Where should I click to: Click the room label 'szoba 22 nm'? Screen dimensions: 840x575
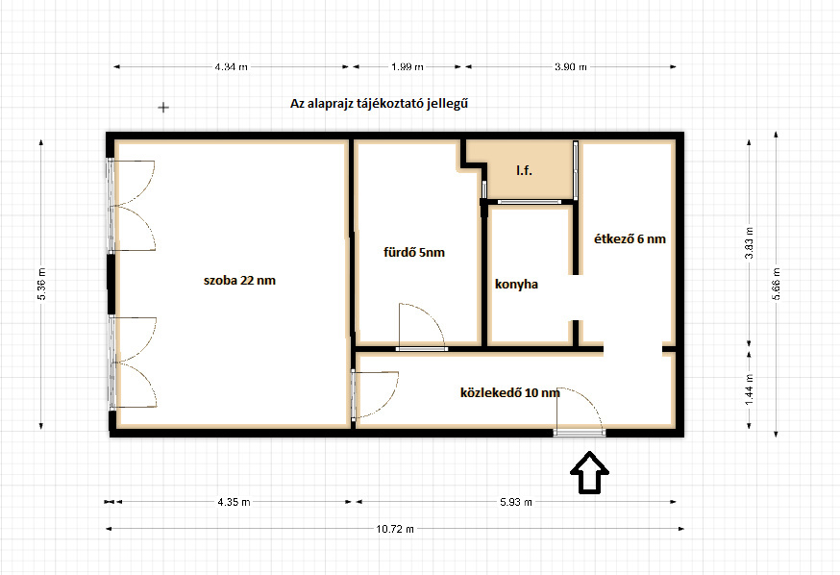click(x=239, y=280)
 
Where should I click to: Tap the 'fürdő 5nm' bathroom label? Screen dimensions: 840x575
click(x=414, y=252)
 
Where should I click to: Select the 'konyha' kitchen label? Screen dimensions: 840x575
click(x=516, y=284)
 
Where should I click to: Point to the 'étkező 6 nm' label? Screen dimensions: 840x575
click(x=630, y=239)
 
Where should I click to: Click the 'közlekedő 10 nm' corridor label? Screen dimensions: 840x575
click(x=510, y=393)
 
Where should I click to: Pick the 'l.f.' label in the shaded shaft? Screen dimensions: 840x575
click(x=524, y=170)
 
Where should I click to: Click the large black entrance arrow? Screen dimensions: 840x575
click(x=589, y=472)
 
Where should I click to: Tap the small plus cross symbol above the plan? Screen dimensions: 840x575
click(x=163, y=108)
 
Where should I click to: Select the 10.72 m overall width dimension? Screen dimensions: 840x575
click(x=395, y=529)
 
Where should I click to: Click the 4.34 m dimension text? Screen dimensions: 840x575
click(x=232, y=67)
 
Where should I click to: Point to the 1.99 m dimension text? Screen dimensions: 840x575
click(x=408, y=67)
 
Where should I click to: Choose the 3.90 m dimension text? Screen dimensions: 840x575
click(x=571, y=67)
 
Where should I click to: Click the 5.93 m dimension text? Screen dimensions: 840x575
click(x=516, y=502)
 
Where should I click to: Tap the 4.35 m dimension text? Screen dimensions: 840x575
click(x=235, y=502)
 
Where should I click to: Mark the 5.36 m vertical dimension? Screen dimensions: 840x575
click(x=41, y=284)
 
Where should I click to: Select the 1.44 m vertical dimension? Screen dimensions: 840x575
click(x=750, y=389)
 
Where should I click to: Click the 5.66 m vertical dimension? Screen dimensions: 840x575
click(x=777, y=284)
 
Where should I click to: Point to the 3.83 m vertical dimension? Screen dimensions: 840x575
click(x=750, y=242)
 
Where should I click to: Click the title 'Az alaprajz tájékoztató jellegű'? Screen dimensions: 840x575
click(x=379, y=104)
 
